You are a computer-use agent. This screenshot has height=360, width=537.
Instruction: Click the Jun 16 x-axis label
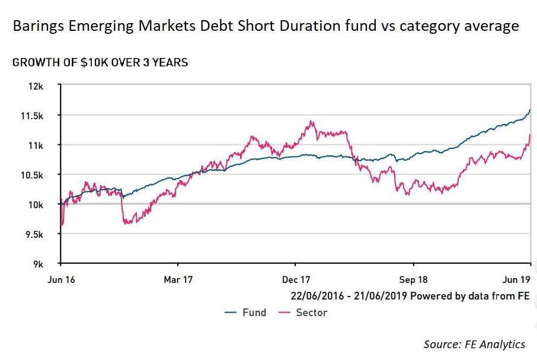59,278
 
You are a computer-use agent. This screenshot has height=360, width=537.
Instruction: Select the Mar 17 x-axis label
178,278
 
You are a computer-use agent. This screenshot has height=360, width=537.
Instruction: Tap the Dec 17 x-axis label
295,278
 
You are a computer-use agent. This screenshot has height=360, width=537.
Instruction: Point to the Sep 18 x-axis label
413,278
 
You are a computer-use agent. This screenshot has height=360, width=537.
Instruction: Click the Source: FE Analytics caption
474,344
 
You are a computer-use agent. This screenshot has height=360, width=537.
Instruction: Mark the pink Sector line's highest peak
311,122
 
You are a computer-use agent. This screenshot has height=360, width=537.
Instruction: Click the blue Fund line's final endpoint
530,109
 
